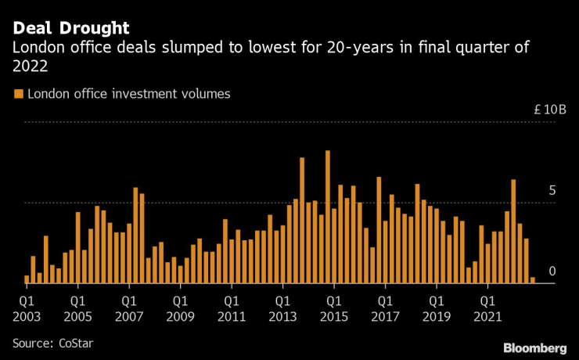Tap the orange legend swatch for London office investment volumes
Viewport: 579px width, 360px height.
[x=19, y=94]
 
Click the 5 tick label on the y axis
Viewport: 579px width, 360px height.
[x=552, y=190]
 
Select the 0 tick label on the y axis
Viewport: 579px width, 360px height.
[x=552, y=271]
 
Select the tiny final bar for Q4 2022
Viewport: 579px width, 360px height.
[x=533, y=279]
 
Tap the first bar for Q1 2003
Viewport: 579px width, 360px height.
[x=27, y=279]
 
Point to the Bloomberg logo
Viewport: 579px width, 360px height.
[x=534, y=347]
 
